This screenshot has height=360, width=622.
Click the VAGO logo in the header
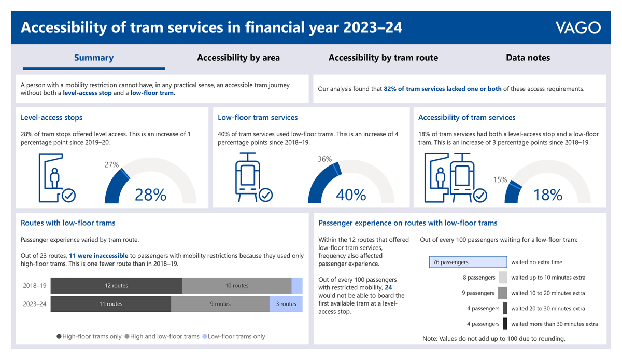pos(577,27)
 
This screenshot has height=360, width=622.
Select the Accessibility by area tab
pos(238,58)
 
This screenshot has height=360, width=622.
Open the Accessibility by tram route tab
pos(383,58)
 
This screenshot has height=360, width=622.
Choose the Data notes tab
pos(528,58)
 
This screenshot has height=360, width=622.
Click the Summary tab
pos(94,58)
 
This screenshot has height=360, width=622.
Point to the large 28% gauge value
pos(150,195)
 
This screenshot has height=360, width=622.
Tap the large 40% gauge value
pos(351,195)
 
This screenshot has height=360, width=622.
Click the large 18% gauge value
pos(548,195)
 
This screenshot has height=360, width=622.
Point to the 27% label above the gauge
pos(112,165)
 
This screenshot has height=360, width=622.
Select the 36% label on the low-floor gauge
pos(324,159)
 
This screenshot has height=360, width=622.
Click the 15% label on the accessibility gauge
pos(500,180)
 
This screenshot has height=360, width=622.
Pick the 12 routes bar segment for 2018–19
pos(116,286)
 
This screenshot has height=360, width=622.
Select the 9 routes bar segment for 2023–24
pos(220,304)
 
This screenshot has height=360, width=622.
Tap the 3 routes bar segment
pos(286,304)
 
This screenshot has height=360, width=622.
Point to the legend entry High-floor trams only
pos(89,336)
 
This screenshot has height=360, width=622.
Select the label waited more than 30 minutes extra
pos(554,324)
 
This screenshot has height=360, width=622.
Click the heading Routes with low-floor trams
pos(68,223)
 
